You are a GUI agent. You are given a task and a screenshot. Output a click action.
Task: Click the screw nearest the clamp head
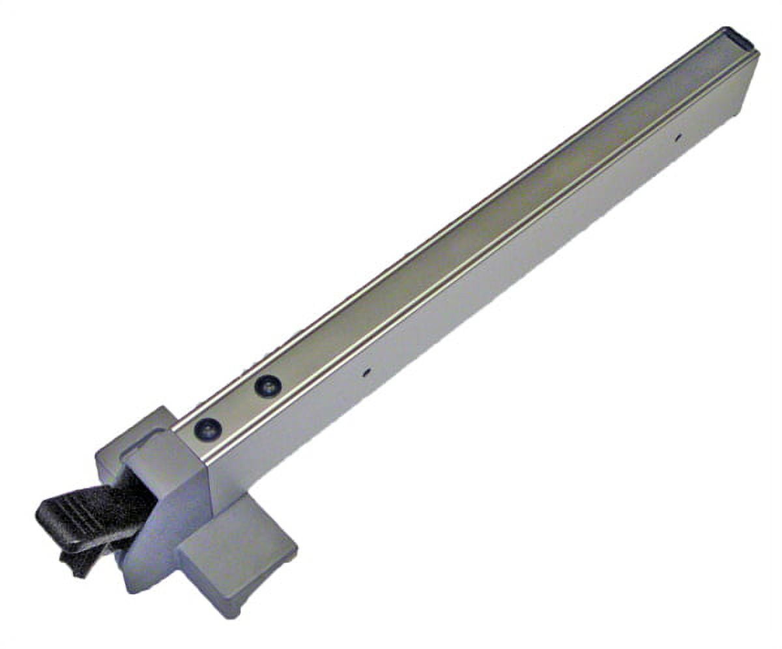click(208, 428)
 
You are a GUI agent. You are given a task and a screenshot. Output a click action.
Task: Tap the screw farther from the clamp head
click(267, 386)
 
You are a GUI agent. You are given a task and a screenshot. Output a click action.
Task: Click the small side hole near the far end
click(678, 137)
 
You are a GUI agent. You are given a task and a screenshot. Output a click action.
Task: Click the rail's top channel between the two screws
click(238, 407)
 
